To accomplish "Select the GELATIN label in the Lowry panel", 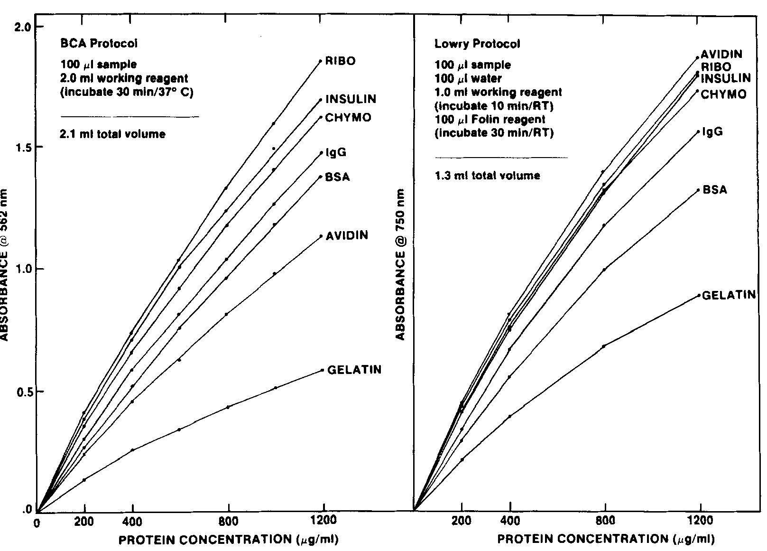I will (728, 295).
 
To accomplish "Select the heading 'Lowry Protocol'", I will (477, 44).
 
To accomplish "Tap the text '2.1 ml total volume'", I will (112, 134).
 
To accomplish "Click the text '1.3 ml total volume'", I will (487, 176).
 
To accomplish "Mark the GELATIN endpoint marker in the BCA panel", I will (323, 370).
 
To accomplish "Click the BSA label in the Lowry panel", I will (714, 190).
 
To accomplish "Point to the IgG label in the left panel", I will (336, 152).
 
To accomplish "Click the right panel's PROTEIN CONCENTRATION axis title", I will (606, 539).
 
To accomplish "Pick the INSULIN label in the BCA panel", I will (351, 99).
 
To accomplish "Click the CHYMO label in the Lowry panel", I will (723, 94).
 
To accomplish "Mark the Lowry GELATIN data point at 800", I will (604, 346).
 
